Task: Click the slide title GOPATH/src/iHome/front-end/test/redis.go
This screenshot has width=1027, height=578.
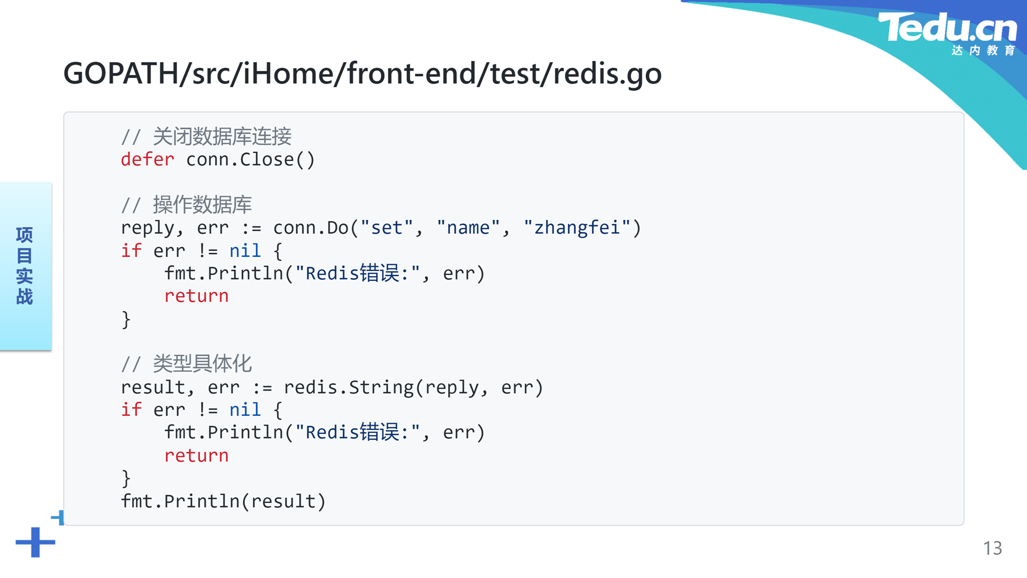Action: click(x=363, y=73)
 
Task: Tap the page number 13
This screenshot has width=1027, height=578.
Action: click(x=992, y=548)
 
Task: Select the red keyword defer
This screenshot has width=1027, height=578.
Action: click(x=148, y=159)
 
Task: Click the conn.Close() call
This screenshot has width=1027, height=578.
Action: click(x=250, y=159)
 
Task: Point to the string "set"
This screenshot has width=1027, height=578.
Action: click(x=387, y=228)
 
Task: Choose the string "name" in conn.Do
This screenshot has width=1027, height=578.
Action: click(x=468, y=228)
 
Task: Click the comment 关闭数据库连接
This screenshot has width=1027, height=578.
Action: click(x=222, y=136)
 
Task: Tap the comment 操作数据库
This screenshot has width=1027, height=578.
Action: click(x=202, y=205)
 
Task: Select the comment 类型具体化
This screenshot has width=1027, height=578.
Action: click(x=202, y=364)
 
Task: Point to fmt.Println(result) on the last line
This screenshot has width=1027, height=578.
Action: click(x=223, y=501)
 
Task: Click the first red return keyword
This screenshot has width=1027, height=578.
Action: click(x=196, y=296)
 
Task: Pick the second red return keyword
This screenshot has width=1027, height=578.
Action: click(x=196, y=455)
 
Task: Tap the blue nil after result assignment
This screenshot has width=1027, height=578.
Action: click(x=245, y=410)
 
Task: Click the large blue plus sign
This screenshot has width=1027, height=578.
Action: click(x=35, y=542)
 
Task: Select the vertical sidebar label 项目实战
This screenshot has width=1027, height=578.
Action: click(x=25, y=266)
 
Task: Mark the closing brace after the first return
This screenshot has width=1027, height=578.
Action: click(x=126, y=320)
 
